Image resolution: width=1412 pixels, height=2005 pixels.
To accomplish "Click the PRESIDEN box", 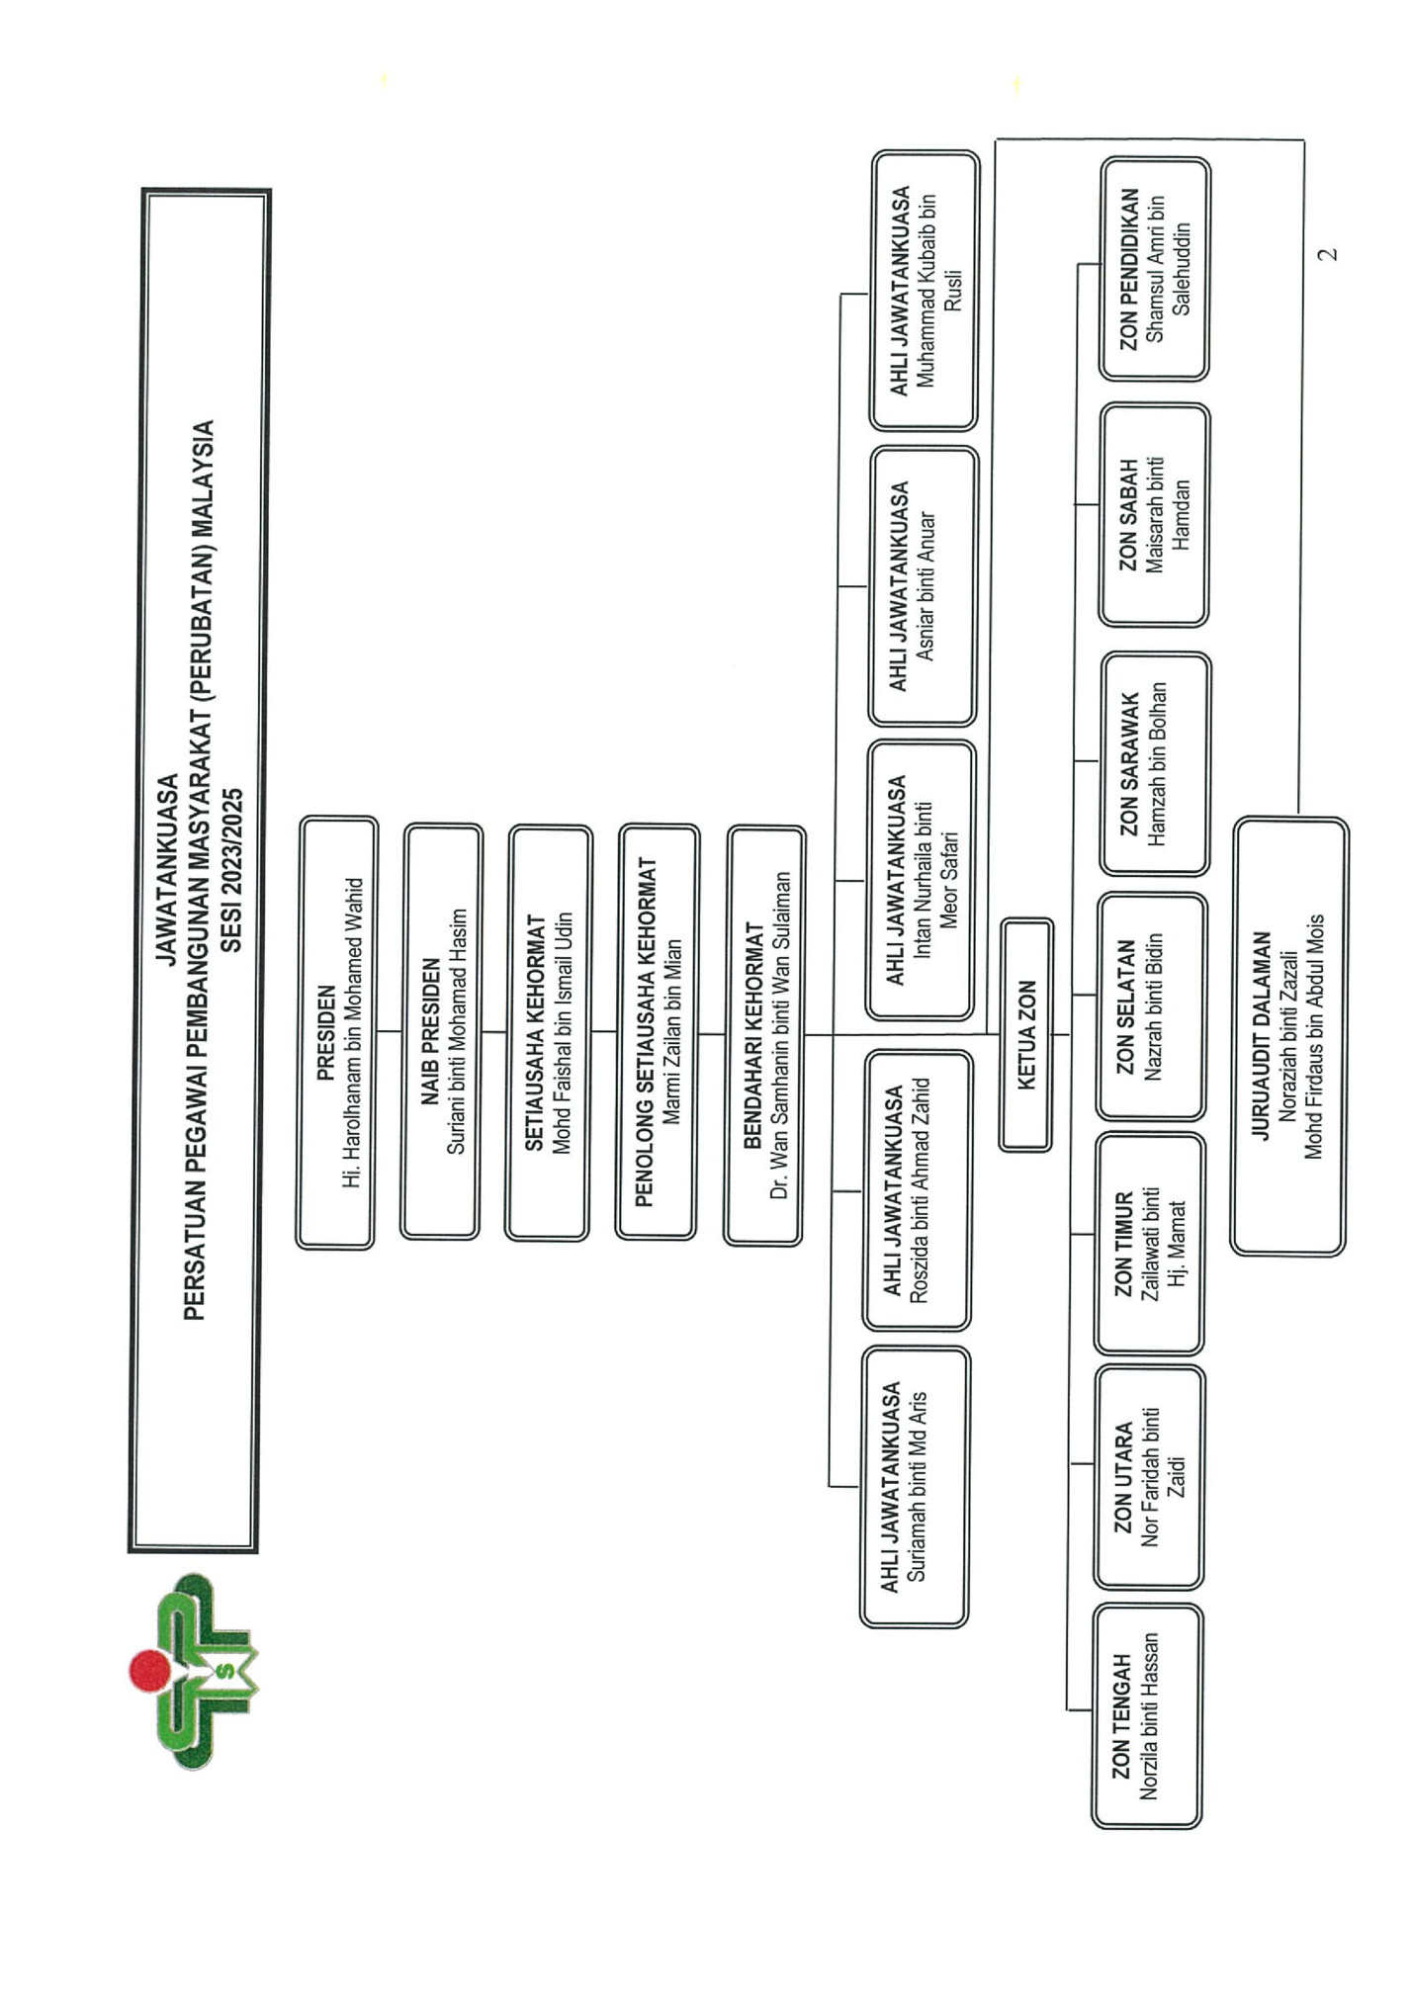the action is [x=337, y=1032].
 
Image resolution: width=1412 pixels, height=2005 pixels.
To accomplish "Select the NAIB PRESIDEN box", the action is [x=442, y=1032].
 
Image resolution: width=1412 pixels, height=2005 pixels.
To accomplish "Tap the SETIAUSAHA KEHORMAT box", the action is [x=549, y=1033].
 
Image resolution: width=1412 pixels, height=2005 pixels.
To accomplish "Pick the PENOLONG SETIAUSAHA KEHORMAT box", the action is [x=658, y=1032].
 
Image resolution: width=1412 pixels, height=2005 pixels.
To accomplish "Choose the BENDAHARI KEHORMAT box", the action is [x=765, y=1035].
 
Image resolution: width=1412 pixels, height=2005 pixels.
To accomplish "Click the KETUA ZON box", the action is [x=1026, y=1034].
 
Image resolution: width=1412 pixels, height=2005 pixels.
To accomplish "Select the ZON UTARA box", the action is [x=1149, y=1477].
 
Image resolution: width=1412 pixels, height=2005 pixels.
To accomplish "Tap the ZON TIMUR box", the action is [x=1150, y=1244].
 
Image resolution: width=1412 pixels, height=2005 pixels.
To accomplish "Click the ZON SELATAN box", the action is [x=1152, y=1006].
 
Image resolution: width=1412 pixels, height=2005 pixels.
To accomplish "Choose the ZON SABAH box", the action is [x=1154, y=514].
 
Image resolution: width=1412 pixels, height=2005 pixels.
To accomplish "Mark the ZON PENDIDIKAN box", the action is [x=1155, y=269].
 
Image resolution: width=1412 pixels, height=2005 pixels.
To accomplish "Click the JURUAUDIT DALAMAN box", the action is [x=1289, y=1036].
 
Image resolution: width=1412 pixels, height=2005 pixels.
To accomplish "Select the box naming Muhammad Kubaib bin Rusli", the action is [x=926, y=291].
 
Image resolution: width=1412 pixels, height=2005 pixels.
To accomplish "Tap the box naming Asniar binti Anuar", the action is [x=924, y=586].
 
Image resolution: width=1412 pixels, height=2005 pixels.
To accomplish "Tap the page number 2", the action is [x=1330, y=254].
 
